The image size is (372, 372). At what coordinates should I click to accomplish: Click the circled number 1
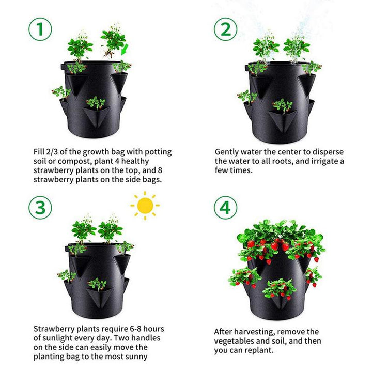[x=40, y=30]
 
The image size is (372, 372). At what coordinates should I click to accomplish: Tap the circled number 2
[x=226, y=30]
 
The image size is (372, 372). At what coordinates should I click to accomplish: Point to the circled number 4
[x=226, y=207]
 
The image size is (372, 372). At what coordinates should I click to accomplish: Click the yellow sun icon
[x=145, y=206]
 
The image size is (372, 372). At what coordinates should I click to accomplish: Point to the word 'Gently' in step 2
[x=228, y=152]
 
